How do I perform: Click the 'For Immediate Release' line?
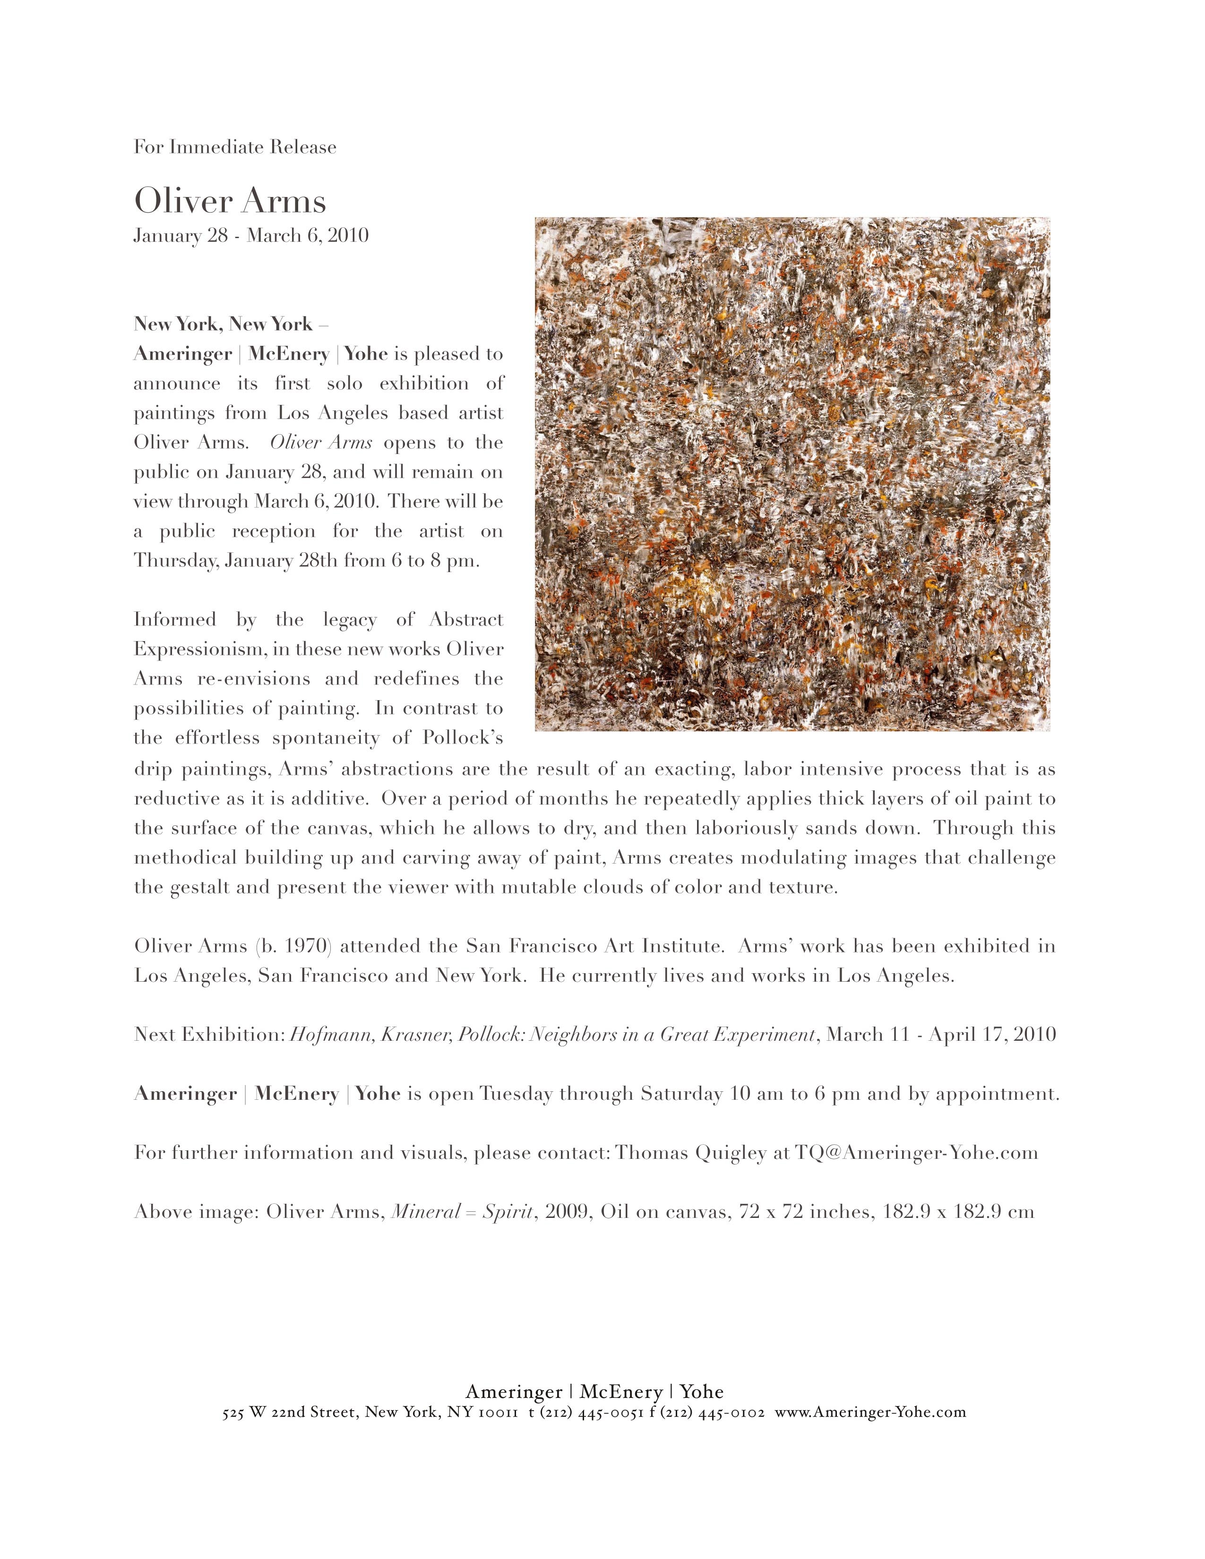pos(235,147)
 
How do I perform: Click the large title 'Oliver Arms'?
pos(230,201)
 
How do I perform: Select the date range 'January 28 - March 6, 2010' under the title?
pos(250,236)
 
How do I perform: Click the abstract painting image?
pos(792,474)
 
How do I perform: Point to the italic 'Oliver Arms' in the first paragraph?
pos(320,443)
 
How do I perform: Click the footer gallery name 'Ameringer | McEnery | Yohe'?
pos(594,1392)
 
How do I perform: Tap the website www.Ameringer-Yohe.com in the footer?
pos(870,1413)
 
